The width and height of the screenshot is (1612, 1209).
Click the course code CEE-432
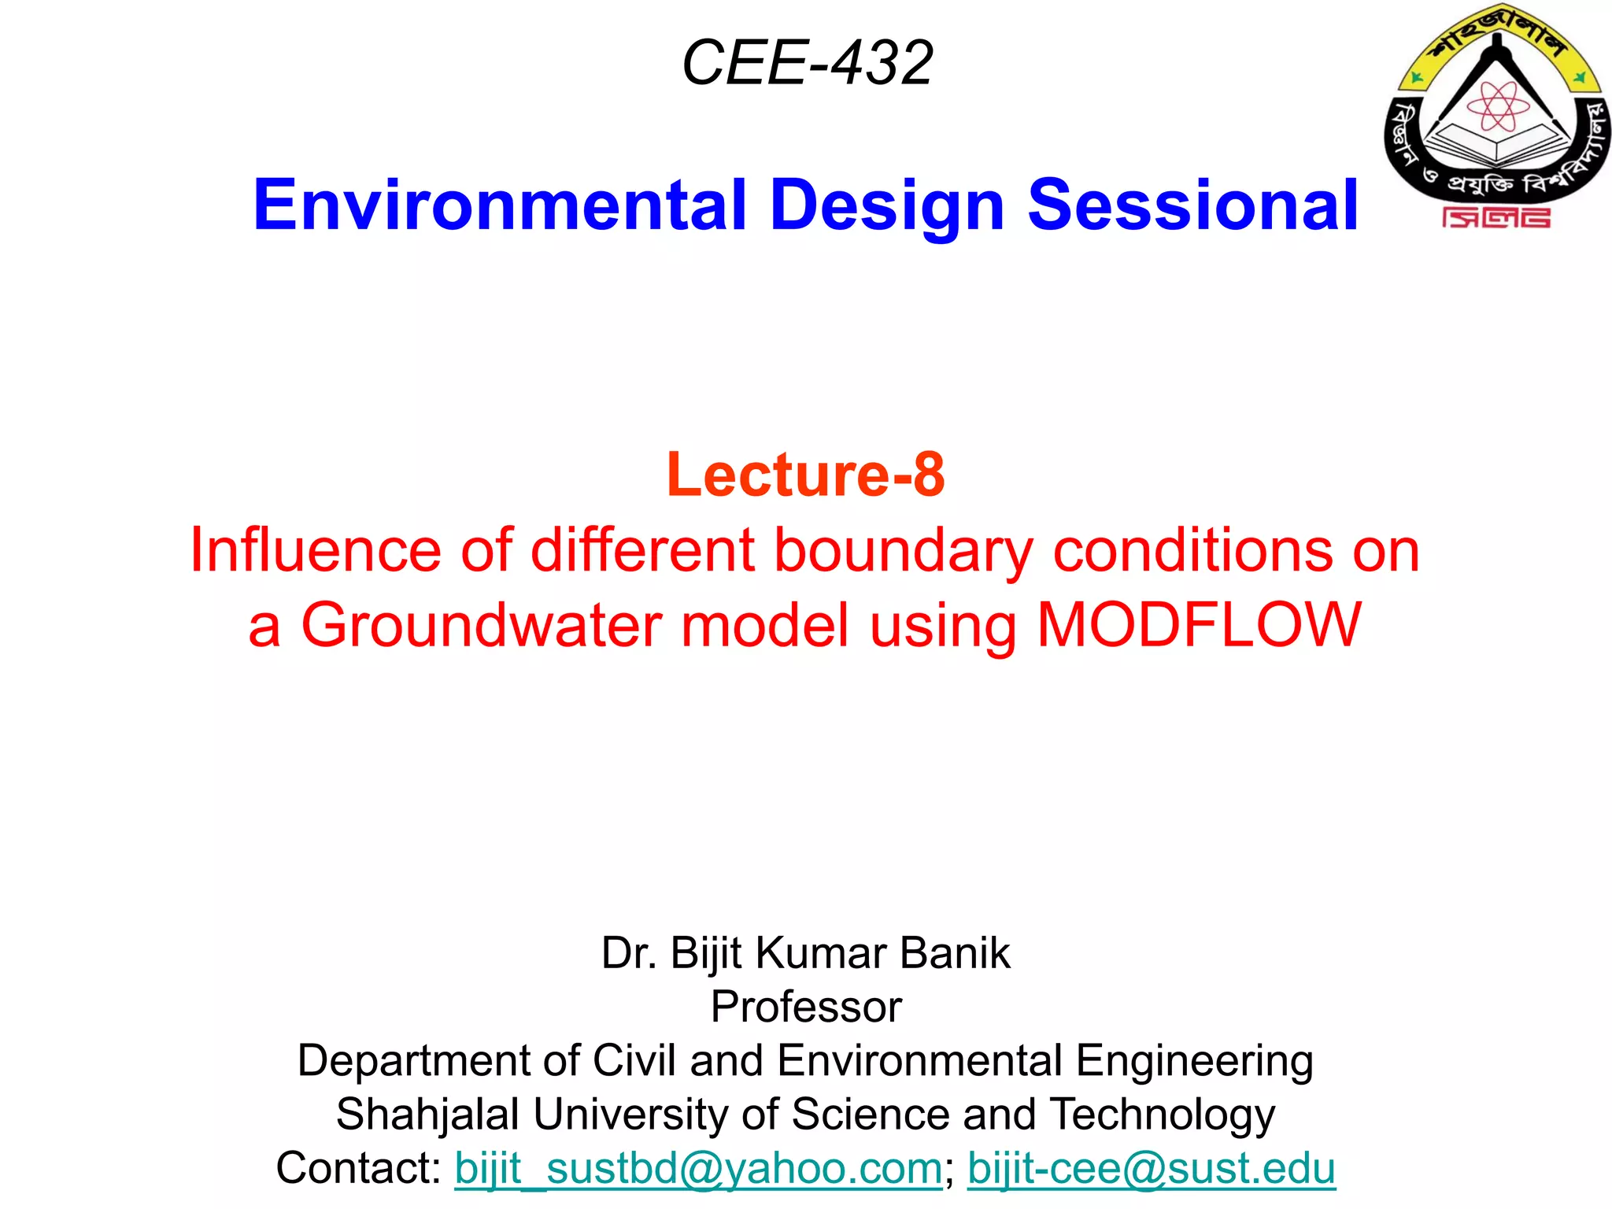[807, 63]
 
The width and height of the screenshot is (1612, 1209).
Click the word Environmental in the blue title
[499, 205]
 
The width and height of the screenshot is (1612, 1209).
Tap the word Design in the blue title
[887, 205]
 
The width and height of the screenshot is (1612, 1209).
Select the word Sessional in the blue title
[1192, 205]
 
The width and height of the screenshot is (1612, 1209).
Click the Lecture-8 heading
[805, 475]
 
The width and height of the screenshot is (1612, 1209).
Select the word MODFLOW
[1199, 625]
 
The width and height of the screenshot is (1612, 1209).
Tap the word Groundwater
[482, 625]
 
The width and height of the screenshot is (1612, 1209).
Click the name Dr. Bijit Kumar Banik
[805, 953]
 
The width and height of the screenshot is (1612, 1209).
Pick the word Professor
[806, 1007]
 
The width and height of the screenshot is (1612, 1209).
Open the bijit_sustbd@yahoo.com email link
[698, 1168]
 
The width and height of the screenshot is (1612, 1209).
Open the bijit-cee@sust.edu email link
[1151, 1168]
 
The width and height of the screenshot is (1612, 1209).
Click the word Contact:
[359, 1168]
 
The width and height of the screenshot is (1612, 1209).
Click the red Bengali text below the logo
[1496, 218]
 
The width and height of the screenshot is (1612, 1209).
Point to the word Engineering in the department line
[1194, 1060]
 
